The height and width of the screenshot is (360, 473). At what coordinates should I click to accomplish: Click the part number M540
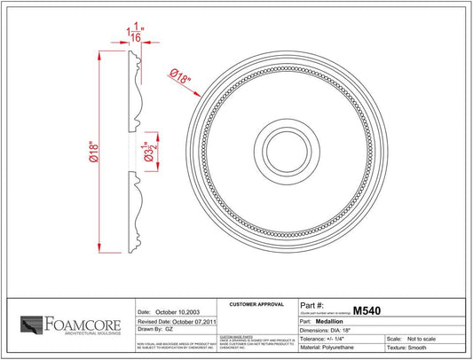(x=367, y=311)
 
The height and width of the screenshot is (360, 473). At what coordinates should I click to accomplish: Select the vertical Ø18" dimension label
(x=93, y=153)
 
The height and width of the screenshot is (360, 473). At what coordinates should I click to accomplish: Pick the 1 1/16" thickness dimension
(x=132, y=35)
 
